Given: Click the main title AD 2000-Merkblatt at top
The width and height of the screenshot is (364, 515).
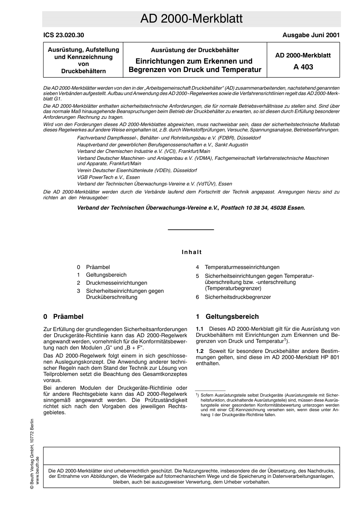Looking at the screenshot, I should [191, 19].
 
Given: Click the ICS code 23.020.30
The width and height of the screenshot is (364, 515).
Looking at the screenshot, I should [64, 35].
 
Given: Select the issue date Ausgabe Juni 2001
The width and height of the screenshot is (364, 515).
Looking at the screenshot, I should [311, 35].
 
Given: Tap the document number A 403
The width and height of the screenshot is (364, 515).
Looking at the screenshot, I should [303, 67].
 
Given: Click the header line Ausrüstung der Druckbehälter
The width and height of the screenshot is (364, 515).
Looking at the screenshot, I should [195, 50].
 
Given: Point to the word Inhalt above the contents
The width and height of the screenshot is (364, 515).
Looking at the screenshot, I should [192, 252].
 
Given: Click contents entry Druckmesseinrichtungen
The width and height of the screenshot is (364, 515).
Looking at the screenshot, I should [116, 283].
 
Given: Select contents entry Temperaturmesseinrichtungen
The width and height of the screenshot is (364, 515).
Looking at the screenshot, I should [242, 267].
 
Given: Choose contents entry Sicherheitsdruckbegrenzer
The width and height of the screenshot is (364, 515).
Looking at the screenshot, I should [238, 297].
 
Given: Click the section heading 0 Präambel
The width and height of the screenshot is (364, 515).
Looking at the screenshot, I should [63, 317].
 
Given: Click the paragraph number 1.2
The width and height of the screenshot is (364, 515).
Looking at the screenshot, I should [200, 351].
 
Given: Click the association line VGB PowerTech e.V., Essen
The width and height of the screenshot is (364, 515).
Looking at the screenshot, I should [108, 177].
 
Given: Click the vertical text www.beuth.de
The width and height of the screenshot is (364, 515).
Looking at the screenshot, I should [38, 471].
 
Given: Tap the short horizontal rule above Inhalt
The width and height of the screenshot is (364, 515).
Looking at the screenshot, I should [191, 230].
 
